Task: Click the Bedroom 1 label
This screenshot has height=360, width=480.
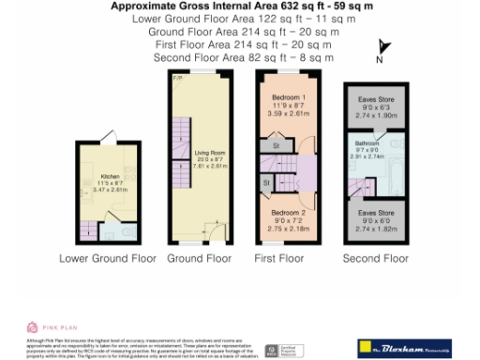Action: [x=289, y=97]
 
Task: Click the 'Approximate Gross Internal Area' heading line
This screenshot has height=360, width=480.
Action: [x=240, y=6]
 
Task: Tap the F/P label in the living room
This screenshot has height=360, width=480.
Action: [x=177, y=80]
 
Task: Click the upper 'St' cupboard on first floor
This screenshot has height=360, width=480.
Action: [x=277, y=146]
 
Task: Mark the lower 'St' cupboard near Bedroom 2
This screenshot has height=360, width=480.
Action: [x=266, y=181]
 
